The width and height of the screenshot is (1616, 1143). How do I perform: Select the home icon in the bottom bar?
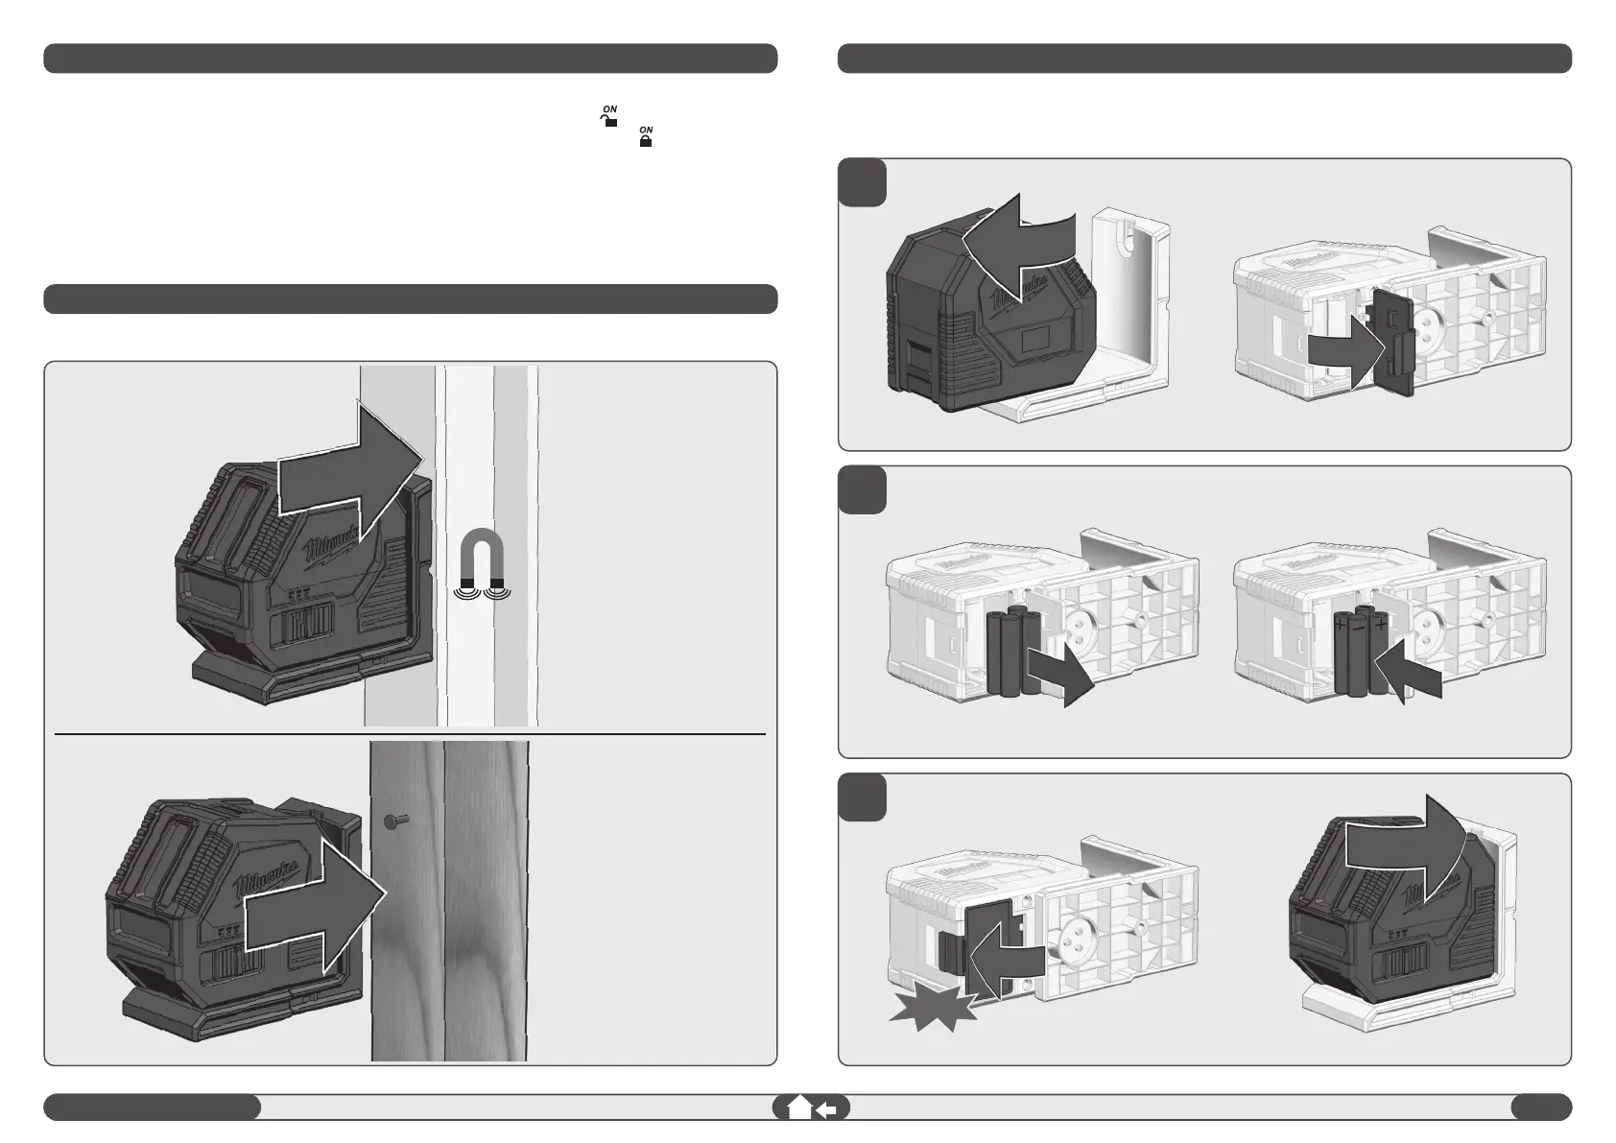pos(798,1107)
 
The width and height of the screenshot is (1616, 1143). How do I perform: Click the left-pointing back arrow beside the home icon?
pos(827,1109)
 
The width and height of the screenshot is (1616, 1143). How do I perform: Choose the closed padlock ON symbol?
pos(647,136)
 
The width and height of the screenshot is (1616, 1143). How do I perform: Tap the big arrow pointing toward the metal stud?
pos(351,464)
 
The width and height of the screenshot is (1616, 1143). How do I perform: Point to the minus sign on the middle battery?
pos(1357,623)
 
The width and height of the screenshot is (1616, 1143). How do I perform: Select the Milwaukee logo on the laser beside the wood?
pos(274,870)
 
